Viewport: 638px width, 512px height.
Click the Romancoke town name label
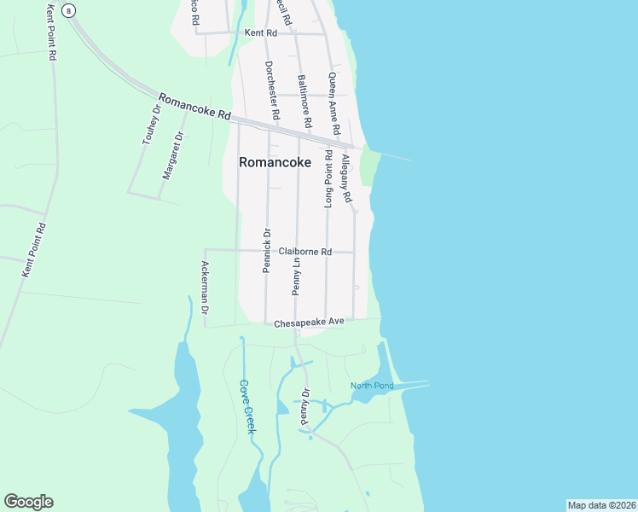[275, 161]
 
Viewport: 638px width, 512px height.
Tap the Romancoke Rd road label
[194, 105]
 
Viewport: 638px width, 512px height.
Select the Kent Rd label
[261, 33]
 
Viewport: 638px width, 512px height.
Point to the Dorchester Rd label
[272, 90]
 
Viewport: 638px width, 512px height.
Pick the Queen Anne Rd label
[334, 102]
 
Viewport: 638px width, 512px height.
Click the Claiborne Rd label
[304, 252]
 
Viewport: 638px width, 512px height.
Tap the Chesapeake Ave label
[309, 323]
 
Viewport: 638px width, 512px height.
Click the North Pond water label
[372, 386]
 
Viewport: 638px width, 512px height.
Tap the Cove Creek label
[247, 406]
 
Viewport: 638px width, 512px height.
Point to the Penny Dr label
[304, 407]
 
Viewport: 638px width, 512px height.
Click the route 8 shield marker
[68, 9]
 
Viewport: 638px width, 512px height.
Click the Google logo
[28, 502]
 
